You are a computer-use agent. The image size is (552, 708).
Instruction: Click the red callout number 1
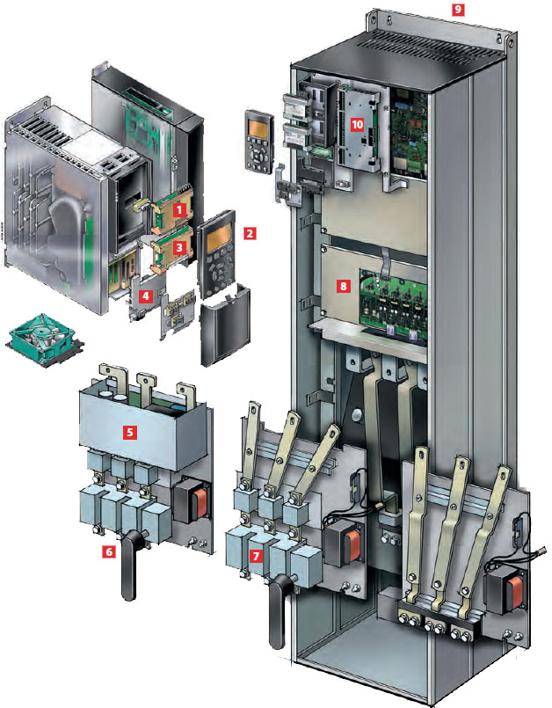point(180,209)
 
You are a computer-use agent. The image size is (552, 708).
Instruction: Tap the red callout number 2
point(250,233)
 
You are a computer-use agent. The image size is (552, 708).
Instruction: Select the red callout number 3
point(180,247)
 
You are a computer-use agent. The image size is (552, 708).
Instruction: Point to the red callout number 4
point(145,296)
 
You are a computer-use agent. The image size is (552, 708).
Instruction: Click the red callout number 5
point(130,433)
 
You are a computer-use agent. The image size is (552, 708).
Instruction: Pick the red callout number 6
point(108,551)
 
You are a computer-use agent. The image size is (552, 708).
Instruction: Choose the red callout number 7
point(257,556)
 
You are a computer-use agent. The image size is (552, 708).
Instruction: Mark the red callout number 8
point(344,286)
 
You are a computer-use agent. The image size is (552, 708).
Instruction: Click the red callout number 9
point(458,9)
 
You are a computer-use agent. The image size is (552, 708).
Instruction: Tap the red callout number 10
point(358,124)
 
